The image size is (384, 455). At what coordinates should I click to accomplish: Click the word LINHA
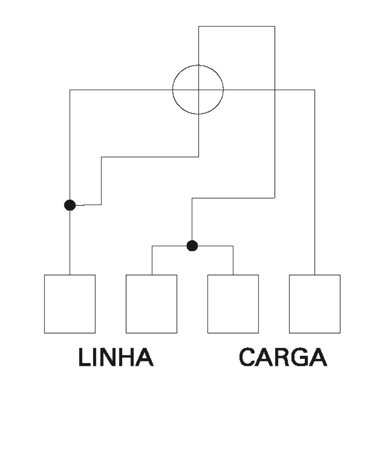click(x=116, y=357)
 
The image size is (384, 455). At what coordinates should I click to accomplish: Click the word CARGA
click(x=283, y=357)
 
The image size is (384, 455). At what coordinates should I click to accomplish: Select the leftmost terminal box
click(x=70, y=304)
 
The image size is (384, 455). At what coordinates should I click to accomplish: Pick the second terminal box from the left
click(x=151, y=304)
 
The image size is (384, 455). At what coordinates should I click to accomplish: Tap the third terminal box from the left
click(x=233, y=304)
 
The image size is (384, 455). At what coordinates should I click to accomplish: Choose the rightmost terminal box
click(x=314, y=304)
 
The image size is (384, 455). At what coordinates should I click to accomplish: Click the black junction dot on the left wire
click(x=70, y=205)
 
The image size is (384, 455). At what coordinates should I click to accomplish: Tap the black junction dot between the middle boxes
click(x=192, y=246)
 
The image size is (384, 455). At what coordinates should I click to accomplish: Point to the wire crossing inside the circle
click(x=199, y=90)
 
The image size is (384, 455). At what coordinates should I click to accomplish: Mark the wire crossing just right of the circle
click(x=275, y=90)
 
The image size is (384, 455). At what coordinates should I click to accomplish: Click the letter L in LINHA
click(x=84, y=357)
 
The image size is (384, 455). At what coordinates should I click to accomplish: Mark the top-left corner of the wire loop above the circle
click(x=199, y=26)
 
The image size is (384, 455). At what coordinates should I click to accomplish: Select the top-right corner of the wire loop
click(x=275, y=26)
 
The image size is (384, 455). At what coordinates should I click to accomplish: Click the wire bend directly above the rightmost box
click(x=314, y=90)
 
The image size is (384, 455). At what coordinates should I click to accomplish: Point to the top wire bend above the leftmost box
click(x=70, y=90)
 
